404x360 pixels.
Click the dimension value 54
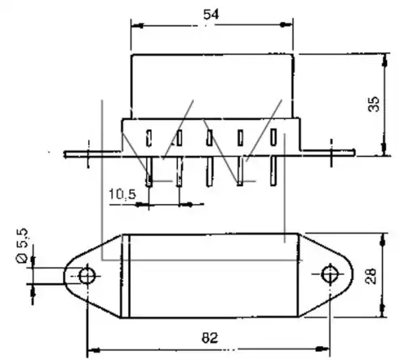[x=211, y=15]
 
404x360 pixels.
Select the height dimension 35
[x=374, y=104]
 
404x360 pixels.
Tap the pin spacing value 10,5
[x=122, y=194]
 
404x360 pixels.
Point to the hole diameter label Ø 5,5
[x=22, y=245]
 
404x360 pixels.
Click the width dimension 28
[x=371, y=276]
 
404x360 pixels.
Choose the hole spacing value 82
[x=210, y=337]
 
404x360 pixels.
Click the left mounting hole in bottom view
[x=86, y=276]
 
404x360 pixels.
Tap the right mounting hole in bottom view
[x=330, y=274]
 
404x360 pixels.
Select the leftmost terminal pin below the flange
[x=149, y=172]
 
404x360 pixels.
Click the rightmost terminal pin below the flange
[x=273, y=171]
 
